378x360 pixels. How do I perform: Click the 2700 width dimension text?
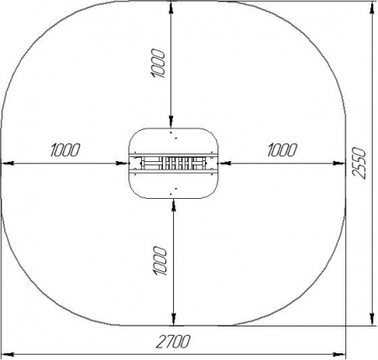tap(173, 342)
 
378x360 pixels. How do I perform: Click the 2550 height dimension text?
tap(359, 163)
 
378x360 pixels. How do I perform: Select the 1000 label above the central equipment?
tap(158, 63)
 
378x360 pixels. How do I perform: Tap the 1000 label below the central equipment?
tap(160, 261)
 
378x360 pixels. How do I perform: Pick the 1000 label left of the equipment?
tap(66, 150)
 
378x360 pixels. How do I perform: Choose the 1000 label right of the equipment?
tap(282, 150)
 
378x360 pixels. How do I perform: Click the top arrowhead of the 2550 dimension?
tap(372, 8)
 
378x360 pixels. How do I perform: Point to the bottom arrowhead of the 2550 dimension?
tap(372, 320)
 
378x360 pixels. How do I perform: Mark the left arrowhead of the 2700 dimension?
tap(8, 355)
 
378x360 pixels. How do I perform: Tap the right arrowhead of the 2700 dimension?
tap(339, 355)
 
